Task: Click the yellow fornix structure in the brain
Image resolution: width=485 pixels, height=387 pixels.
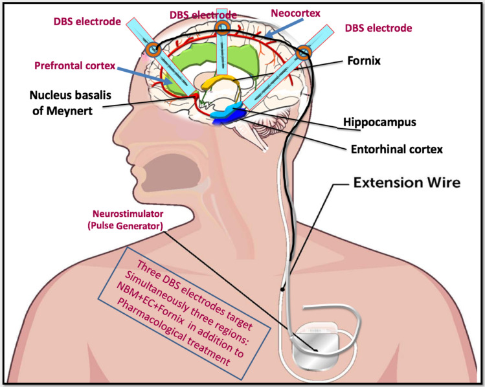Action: (x=217, y=82)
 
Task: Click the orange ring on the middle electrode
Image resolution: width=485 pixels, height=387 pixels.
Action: (x=222, y=27)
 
